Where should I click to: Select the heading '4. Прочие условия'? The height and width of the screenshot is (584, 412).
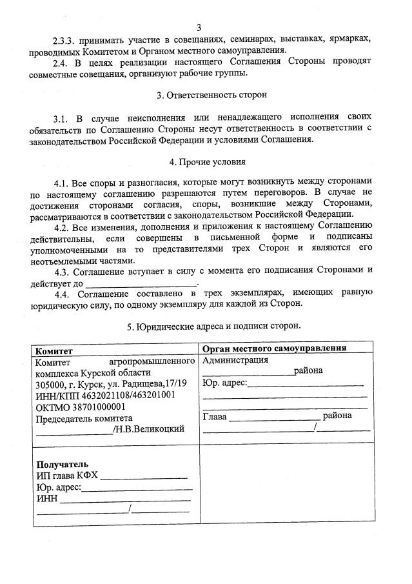(x=206, y=161)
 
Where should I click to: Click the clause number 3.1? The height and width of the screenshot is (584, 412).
(x=62, y=118)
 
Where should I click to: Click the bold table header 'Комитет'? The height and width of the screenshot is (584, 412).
(x=54, y=350)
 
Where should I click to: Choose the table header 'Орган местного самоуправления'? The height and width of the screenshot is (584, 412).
(x=275, y=348)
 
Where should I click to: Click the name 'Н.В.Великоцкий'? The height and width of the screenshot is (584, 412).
(x=150, y=430)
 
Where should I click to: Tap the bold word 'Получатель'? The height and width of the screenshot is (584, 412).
(x=63, y=465)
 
